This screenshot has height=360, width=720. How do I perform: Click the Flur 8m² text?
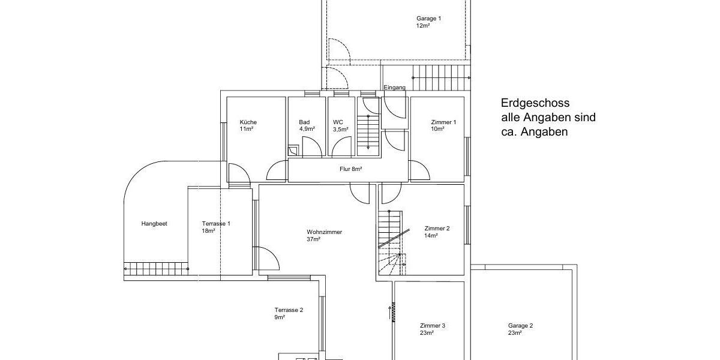(x=351, y=169)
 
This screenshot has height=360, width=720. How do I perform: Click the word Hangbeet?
(x=154, y=224)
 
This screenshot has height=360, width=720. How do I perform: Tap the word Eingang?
(x=394, y=88)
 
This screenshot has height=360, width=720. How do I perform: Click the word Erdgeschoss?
(x=535, y=103)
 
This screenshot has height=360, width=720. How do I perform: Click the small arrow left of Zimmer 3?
(x=391, y=312)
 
